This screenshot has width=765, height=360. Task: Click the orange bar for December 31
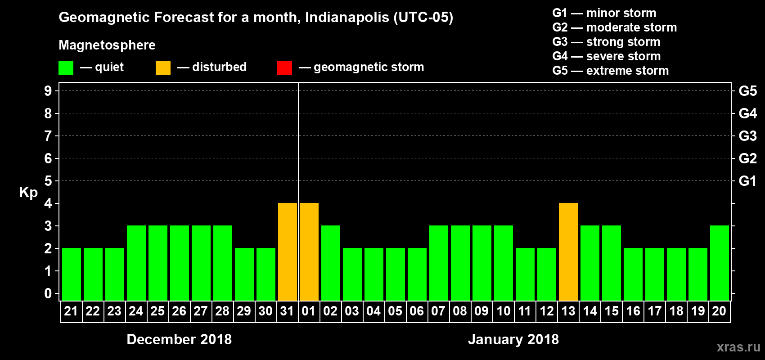tap(288, 252)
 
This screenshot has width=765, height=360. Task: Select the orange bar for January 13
tap(568, 252)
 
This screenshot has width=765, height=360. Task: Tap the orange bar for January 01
tap(309, 252)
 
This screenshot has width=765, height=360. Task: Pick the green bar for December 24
tap(136, 263)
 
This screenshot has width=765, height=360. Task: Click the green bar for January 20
tap(720, 263)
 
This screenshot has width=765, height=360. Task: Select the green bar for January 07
tap(439, 263)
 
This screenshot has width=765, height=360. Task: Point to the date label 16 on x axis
tap(633, 311)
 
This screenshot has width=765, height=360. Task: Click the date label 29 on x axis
tap(244, 311)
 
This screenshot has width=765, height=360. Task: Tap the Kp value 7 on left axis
tap(48, 136)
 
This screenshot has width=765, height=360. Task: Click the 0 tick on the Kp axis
tap(48, 293)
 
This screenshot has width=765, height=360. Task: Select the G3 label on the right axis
tap(747, 136)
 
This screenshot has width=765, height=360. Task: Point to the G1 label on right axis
tap(747, 181)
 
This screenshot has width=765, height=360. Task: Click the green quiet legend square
tap(66, 68)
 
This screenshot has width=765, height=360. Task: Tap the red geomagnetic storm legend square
tap(284, 68)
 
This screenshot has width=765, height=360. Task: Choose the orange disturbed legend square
tap(163, 68)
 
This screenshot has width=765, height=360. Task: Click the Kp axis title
tap(28, 193)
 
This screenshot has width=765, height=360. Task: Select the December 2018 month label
tap(179, 339)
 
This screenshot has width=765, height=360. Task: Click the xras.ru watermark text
tap(738, 347)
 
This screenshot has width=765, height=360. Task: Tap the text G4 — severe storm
tap(607, 56)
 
